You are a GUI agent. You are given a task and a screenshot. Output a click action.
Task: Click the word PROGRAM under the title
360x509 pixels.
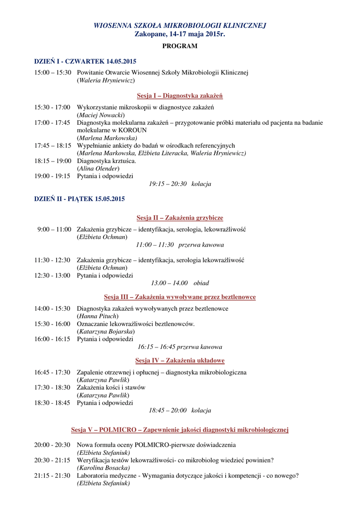click(x=180, y=46)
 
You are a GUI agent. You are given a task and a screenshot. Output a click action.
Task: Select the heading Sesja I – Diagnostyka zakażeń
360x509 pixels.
click(x=180, y=95)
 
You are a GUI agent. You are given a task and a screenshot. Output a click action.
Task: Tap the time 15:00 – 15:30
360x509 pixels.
click(x=53, y=73)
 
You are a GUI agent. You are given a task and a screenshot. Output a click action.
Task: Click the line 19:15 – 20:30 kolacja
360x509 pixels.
click(x=180, y=184)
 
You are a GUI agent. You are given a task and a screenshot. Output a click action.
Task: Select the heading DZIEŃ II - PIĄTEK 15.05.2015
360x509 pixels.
click(x=80, y=199)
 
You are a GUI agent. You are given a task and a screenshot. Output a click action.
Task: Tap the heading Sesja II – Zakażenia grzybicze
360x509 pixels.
click(x=180, y=218)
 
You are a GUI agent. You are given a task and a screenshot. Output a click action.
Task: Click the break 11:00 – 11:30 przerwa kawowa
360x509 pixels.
click(x=180, y=245)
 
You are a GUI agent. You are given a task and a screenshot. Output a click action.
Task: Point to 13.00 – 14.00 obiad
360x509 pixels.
click(x=180, y=283)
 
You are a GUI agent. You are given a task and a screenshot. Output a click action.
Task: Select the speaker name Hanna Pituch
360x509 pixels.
click(x=97, y=316)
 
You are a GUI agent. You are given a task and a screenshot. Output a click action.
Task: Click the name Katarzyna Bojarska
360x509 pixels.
click(x=106, y=332)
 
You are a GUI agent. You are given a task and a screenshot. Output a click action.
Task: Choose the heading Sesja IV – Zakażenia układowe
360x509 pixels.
click(x=180, y=360)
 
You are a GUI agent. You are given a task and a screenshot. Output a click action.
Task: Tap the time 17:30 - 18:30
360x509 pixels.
click(x=52, y=388)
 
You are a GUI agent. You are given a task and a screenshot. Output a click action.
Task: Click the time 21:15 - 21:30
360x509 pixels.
click(x=52, y=476)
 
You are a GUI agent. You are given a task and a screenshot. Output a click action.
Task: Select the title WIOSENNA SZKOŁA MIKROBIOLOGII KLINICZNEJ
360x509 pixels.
click(x=180, y=25)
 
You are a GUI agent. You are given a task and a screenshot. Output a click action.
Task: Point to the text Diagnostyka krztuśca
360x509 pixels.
click(x=106, y=161)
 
